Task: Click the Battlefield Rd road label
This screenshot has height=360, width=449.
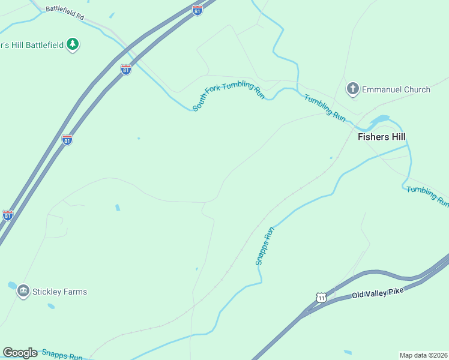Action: click(x=65, y=13)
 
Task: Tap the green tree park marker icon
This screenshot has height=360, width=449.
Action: click(x=73, y=44)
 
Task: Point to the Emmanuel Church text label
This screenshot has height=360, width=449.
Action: click(x=397, y=89)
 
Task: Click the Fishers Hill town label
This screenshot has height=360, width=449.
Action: click(x=382, y=137)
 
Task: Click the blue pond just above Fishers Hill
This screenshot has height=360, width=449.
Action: click(x=379, y=120)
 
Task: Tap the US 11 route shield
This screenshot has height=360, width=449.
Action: click(x=322, y=298)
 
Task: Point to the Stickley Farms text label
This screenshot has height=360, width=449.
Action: click(x=60, y=292)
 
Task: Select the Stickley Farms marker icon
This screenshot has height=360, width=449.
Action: click(x=23, y=292)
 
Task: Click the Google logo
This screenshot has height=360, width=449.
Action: click(x=20, y=353)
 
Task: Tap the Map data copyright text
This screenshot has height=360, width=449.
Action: click(x=424, y=355)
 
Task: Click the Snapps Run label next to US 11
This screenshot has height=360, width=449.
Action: click(x=265, y=246)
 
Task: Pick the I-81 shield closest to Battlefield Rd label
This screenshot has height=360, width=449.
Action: click(x=197, y=10)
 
